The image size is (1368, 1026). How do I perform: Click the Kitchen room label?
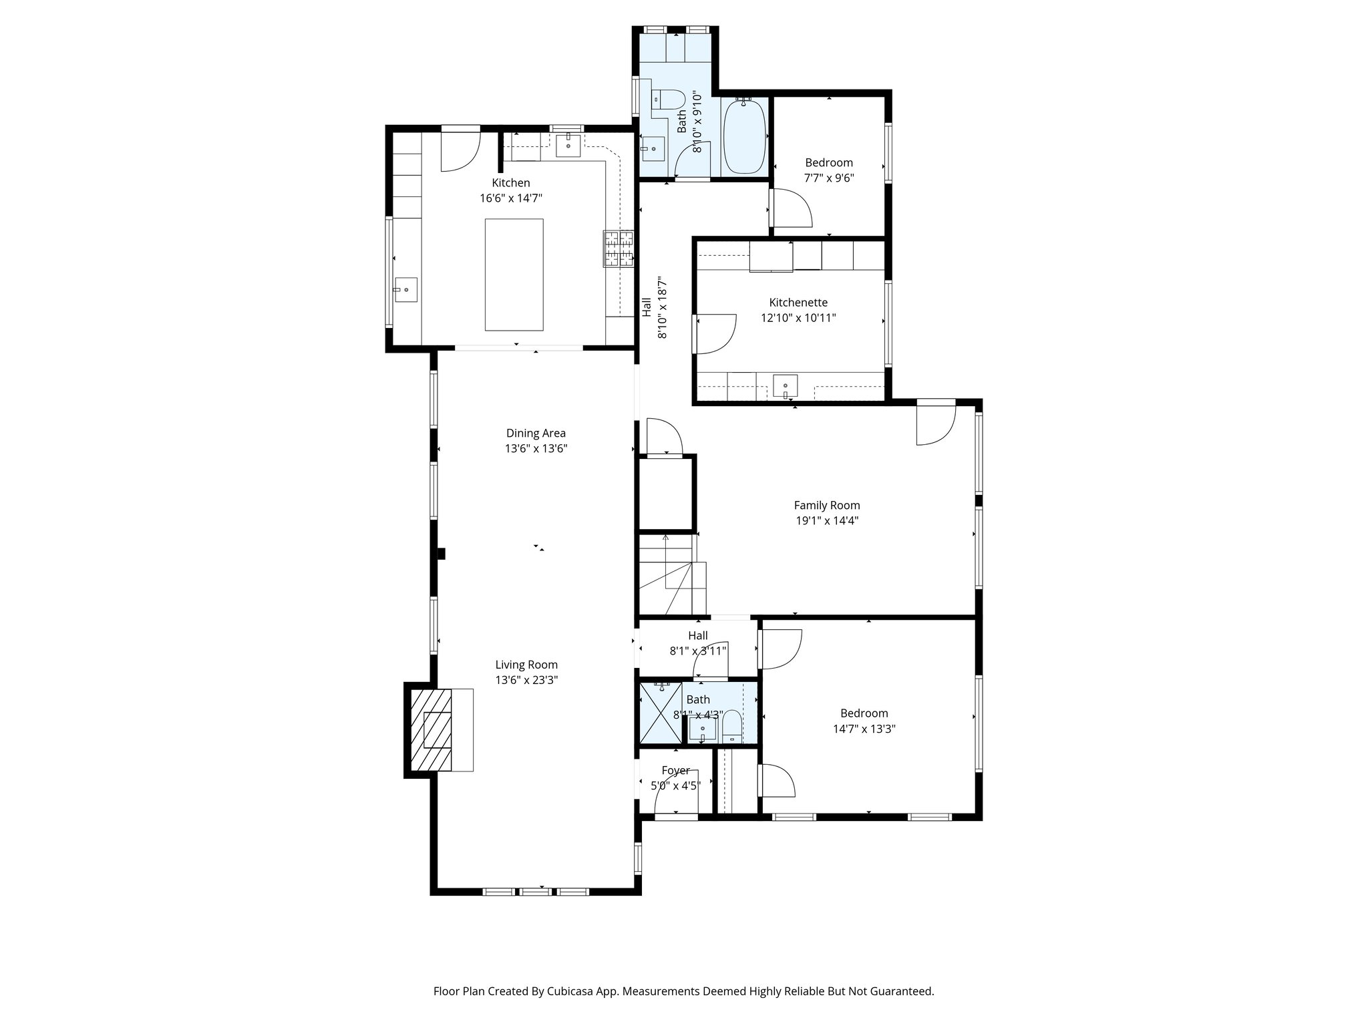point(511,183)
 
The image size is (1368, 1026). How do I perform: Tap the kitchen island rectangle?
point(514,275)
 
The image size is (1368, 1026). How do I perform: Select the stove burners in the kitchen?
point(619,248)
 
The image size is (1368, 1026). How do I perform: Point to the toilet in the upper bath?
point(669,100)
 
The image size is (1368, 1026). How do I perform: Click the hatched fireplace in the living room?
point(432,731)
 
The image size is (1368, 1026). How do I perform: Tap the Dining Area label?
point(536,433)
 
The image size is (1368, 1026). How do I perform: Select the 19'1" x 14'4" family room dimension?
point(826,521)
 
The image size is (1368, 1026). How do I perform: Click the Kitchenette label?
point(798,303)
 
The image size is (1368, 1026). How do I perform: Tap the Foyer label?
point(675,770)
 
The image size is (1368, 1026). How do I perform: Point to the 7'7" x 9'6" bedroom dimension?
point(829,178)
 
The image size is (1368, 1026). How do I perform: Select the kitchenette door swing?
point(716,333)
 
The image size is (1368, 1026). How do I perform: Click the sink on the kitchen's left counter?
point(405,290)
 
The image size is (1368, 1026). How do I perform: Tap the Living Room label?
point(526,665)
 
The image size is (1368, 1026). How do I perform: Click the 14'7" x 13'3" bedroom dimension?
point(864,729)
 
